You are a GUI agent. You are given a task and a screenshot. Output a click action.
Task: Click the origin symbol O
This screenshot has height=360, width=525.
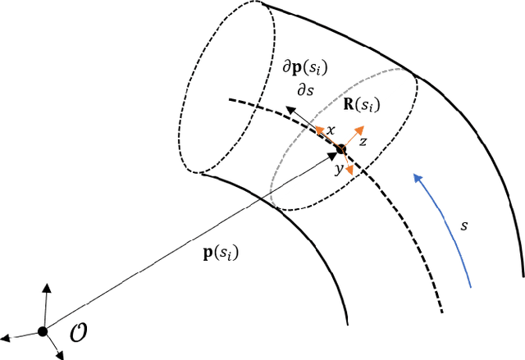76,336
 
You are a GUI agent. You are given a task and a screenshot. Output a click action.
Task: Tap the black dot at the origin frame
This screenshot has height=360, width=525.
42,331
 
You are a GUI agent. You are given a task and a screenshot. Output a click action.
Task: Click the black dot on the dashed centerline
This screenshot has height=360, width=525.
341,149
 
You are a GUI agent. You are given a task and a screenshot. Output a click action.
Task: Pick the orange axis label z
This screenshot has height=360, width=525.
362,141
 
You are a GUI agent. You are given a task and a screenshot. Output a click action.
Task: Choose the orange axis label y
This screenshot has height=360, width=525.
337,171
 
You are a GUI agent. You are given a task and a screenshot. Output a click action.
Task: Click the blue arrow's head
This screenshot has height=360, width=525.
416,174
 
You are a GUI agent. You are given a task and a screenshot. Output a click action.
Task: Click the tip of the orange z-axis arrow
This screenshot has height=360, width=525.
361,129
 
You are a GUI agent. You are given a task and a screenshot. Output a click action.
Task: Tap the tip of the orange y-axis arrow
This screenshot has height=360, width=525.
350,170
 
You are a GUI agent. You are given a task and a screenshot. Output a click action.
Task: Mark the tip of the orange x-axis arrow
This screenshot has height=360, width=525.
316,130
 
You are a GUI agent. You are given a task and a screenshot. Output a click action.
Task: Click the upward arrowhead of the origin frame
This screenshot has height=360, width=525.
47,286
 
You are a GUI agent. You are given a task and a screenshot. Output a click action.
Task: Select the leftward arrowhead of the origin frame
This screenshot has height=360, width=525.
4,337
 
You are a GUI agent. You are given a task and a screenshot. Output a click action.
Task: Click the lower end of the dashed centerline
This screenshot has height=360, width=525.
444,312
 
